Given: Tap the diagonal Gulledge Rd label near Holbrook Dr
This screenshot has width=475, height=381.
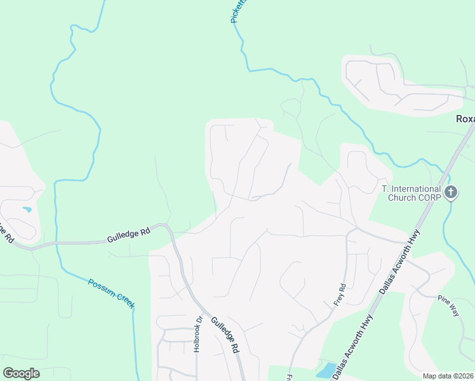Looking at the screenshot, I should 225,335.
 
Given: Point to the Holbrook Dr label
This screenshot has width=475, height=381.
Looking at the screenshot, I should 197,334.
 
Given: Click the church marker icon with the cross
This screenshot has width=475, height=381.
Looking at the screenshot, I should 451,192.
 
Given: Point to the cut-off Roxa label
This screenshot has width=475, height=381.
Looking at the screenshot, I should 465,119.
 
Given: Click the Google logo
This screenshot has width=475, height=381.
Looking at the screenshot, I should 21,373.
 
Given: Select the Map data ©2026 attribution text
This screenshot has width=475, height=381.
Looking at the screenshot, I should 448,376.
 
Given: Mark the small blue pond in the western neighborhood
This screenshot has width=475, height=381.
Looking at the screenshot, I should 27,209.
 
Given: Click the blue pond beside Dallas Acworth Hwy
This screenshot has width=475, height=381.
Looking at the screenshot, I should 326,370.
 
